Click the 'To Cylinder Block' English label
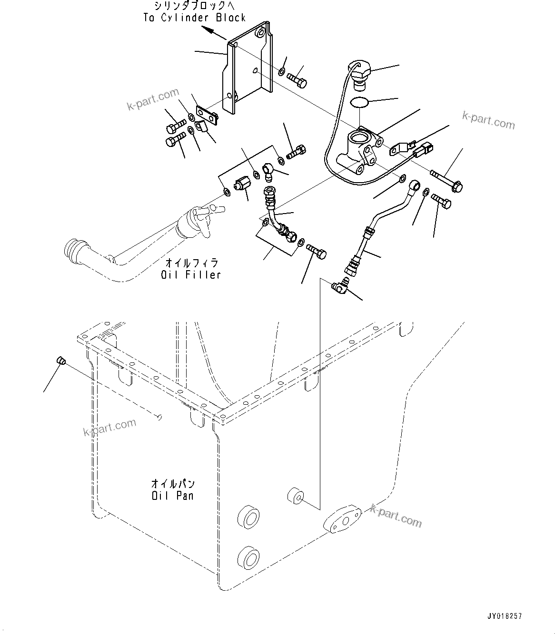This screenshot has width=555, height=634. tap(194, 18)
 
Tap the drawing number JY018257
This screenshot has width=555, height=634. tap(504, 616)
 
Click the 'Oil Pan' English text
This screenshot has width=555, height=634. tap(173, 496)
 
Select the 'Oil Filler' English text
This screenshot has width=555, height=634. tap(190, 275)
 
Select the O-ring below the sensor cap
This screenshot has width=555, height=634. tap(359, 102)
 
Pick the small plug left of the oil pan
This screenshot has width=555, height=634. tap(60, 361)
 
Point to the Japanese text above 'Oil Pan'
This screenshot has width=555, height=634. tap(173, 484)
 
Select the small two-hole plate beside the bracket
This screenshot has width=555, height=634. tap(207, 114)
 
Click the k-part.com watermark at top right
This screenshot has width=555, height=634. tap(488, 120)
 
